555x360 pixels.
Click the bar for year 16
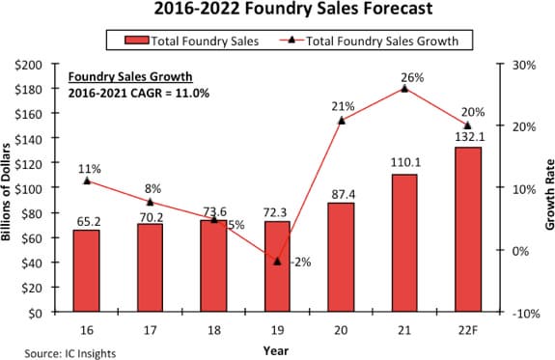[86, 271]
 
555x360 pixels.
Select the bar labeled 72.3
[277, 266]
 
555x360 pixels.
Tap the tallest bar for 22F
[468, 230]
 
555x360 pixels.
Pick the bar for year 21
[404, 243]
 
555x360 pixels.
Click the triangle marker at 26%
[404, 89]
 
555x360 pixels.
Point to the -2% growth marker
[277, 262]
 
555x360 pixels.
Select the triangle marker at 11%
[87, 180]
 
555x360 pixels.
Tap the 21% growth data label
[343, 106]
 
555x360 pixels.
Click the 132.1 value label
[470, 137]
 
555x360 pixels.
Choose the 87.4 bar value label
[344, 195]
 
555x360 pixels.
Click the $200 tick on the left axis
[33, 65]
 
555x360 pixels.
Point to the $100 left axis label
[33, 187]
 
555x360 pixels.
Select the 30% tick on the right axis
[524, 65]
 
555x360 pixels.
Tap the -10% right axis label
[526, 314]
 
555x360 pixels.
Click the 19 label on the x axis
[277, 330]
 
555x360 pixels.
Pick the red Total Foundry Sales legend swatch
[136, 40]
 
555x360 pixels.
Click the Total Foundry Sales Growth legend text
[382, 42]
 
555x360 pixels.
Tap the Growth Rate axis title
[549, 195]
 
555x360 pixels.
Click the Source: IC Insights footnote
[70, 353]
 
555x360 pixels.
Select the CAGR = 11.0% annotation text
[170, 93]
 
